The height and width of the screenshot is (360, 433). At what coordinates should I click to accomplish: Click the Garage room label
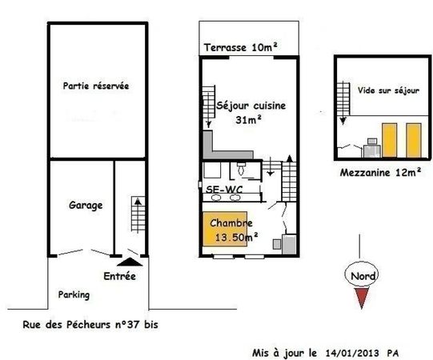click(x=86, y=205)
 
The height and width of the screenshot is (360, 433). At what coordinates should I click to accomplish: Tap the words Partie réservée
click(x=96, y=86)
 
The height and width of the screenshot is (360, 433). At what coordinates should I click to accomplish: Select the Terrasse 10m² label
click(x=241, y=47)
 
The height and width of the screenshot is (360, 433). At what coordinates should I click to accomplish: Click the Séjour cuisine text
click(x=251, y=106)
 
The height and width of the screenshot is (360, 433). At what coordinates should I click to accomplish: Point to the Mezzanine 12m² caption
click(x=380, y=173)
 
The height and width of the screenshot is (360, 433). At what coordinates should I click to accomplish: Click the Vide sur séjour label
click(x=388, y=90)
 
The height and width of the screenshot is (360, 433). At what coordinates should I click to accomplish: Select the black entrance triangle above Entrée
click(x=130, y=262)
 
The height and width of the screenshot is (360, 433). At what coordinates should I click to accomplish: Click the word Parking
click(x=74, y=294)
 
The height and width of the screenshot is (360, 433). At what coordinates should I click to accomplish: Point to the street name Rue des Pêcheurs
click(x=66, y=324)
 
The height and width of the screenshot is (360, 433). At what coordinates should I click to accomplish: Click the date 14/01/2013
click(x=352, y=353)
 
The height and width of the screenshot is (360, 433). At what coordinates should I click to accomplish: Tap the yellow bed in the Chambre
click(x=225, y=229)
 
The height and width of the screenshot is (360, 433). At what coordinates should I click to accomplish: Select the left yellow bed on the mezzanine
click(x=389, y=140)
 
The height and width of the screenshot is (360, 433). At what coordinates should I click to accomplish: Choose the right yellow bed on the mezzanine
click(x=414, y=140)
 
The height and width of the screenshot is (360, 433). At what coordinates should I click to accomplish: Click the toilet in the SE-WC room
click(x=242, y=169)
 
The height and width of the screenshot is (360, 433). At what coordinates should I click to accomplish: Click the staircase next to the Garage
click(x=138, y=214)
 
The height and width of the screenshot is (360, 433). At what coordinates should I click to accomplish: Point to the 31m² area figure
click(x=248, y=119)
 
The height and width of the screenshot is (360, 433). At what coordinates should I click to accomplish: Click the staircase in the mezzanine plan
click(x=343, y=98)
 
